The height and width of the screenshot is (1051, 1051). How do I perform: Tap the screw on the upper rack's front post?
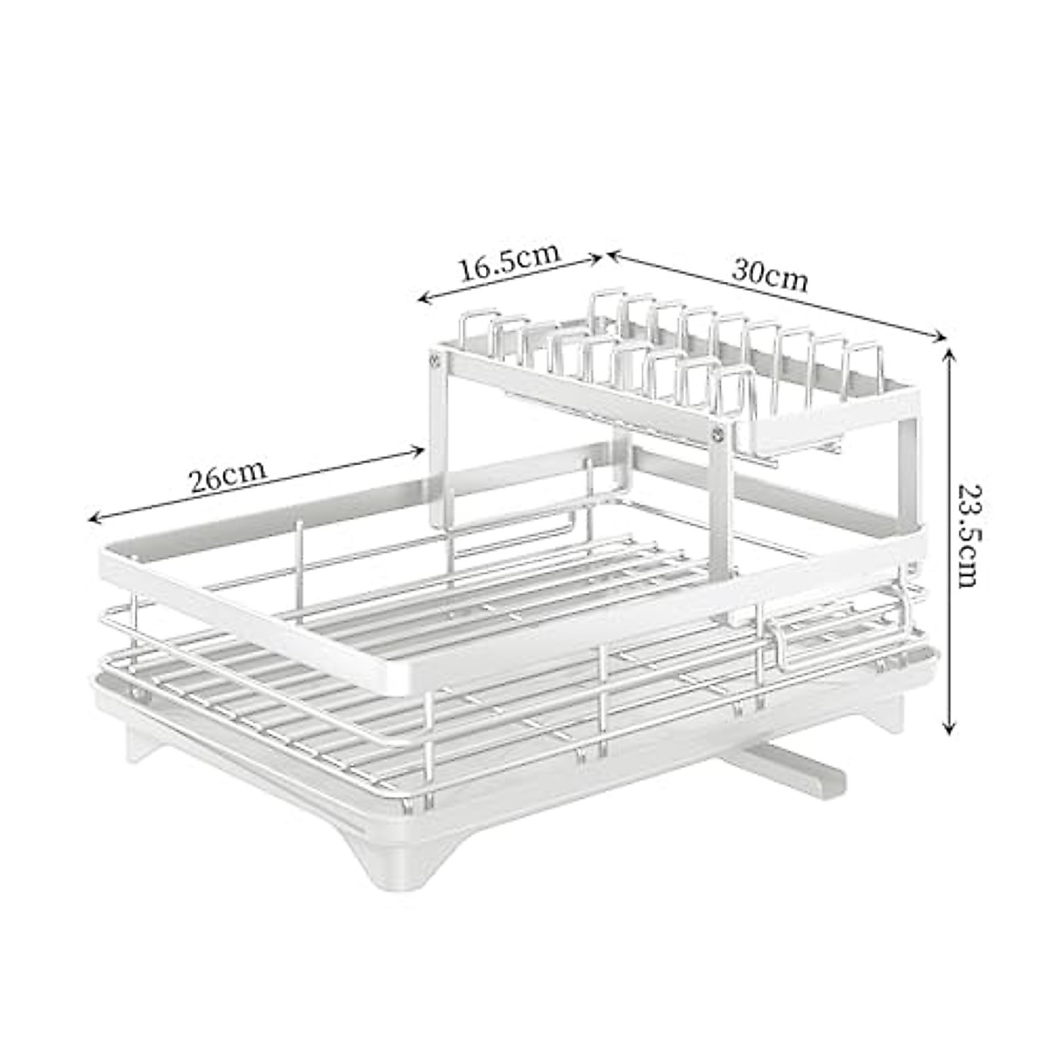tap(721, 431)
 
